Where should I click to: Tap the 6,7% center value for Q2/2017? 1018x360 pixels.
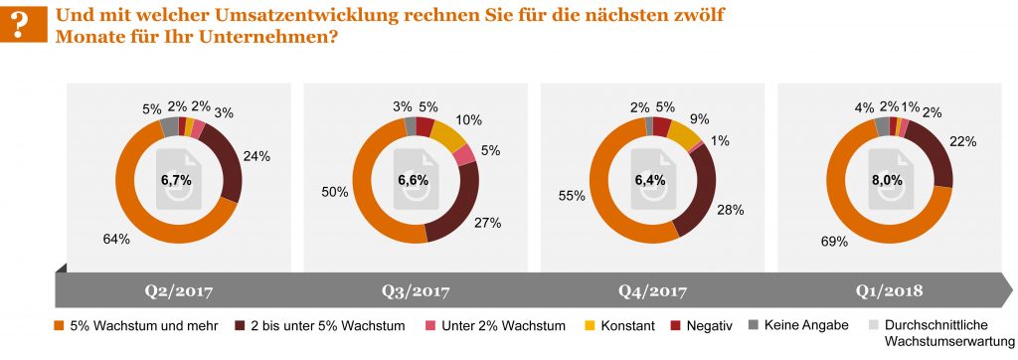coord(179,181)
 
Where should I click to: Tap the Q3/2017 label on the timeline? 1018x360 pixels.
coord(415,292)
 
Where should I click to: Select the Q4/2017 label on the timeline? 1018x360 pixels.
coord(650,292)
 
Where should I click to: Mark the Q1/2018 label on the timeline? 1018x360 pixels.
coord(888,292)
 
